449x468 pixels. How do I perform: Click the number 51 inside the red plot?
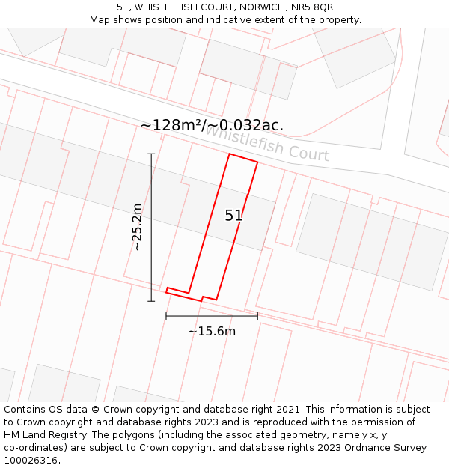point(233,216)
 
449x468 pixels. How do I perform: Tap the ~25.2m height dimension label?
point(137,227)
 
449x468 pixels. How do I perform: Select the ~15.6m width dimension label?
point(212,331)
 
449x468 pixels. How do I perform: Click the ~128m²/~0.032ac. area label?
point(212,125)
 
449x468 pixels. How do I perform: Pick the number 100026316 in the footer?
point(31,461)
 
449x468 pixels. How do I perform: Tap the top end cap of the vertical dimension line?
point(151,154)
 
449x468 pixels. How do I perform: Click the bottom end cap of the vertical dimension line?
point(151,301)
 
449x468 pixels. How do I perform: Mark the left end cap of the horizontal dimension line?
point(166,316)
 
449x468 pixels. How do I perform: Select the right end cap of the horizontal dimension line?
point(257,316)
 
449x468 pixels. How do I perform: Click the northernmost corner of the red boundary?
point(230,154)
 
